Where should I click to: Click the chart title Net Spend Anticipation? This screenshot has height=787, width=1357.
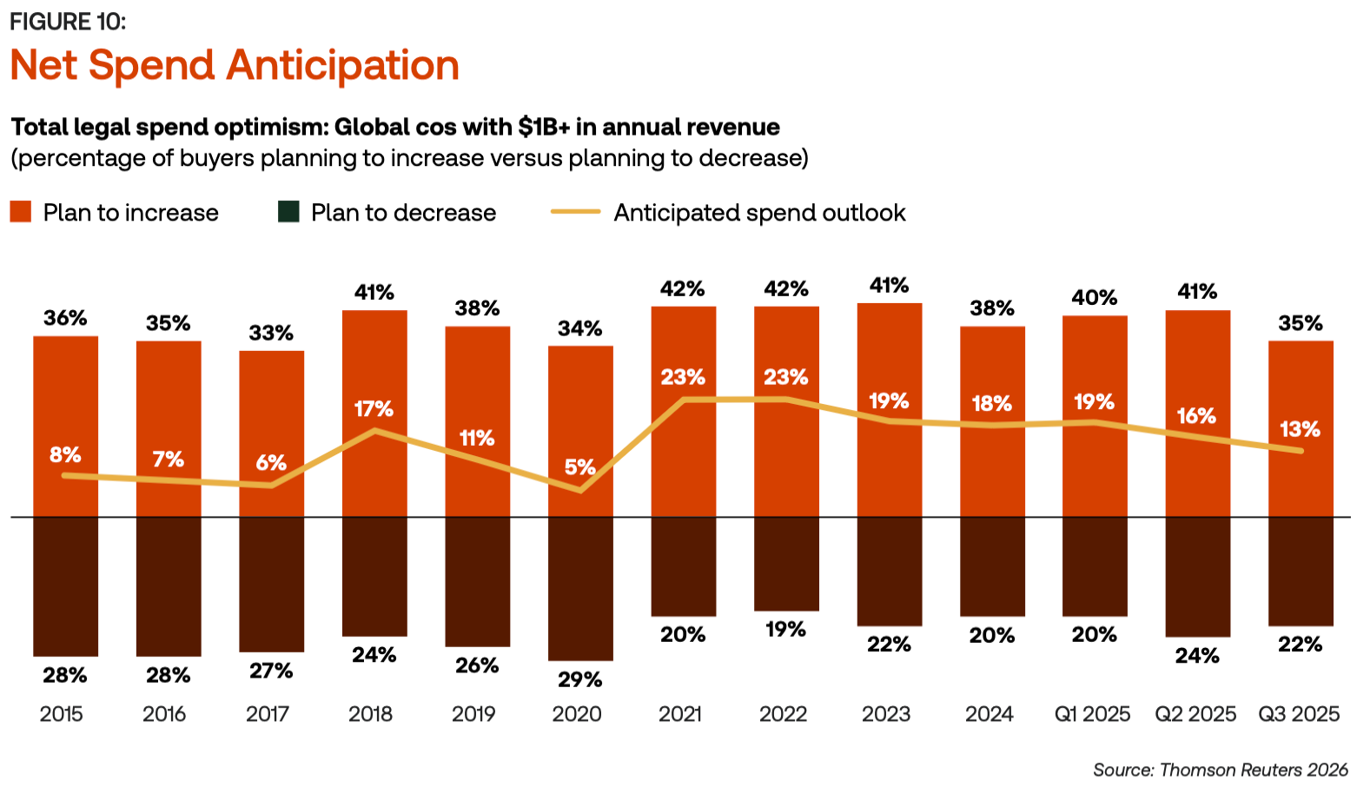pos(235,66)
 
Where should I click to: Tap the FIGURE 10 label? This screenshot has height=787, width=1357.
pos(68,21)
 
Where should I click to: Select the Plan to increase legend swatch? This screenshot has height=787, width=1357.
pos(21,212)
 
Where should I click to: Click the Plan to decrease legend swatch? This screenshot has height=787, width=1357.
pos(288,212)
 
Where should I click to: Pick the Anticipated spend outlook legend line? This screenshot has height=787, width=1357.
pos(575,212)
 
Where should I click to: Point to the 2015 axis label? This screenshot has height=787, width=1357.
pos(62,714)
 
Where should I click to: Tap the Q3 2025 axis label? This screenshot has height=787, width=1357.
pos(1299,714)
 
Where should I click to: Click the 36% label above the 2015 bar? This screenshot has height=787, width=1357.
pos(65,318)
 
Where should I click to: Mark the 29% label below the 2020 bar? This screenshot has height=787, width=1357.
pos(580,679)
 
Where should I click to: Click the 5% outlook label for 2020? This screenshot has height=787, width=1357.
pos(580,467)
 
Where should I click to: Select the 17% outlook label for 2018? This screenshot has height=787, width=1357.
pos(374,408)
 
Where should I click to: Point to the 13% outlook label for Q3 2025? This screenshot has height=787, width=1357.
pos(1300,429)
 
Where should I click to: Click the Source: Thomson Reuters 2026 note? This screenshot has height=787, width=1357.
pos(1220,770)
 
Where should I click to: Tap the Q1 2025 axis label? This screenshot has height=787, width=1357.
pos(1092,714)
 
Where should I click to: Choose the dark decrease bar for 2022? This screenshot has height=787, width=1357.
pos(786,564)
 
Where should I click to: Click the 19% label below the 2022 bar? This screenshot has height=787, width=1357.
pos(786,630)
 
